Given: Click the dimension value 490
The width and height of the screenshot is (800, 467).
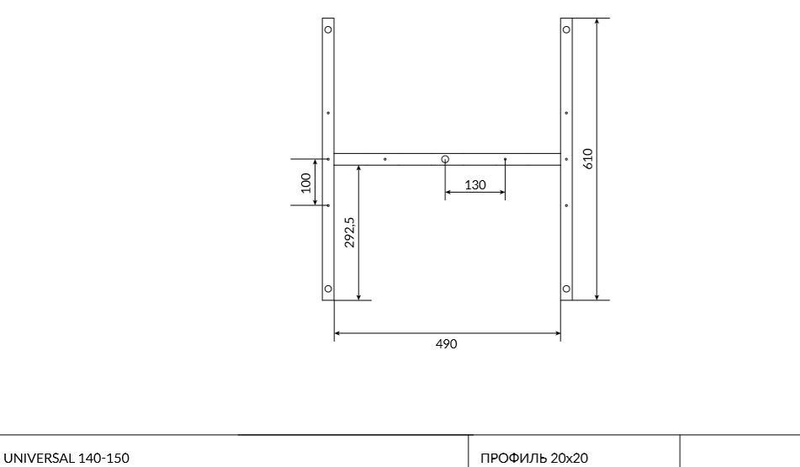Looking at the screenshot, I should [447, 344].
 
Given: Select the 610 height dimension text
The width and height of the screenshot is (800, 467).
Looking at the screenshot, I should [588, 158].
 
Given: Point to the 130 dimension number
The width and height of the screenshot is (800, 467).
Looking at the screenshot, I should [475, 185].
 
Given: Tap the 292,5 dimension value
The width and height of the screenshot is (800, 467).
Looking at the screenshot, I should [350, 232].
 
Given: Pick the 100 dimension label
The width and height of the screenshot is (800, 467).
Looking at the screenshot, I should [305, 183].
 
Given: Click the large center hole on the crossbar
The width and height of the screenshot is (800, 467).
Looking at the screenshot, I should [445, 159].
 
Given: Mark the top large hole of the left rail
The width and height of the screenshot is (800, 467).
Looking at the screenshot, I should [328, 29].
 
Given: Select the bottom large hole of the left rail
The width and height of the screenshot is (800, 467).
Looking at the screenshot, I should [328, 289].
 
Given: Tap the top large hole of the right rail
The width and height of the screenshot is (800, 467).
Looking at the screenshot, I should [566, 29].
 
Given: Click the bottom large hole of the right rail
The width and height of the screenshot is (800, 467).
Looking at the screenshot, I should [566, 289].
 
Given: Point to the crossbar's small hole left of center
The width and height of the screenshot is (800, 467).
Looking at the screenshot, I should [385, 159].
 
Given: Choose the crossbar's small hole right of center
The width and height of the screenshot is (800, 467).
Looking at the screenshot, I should [505, 159].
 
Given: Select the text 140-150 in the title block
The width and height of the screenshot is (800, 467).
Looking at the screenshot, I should [104, 459].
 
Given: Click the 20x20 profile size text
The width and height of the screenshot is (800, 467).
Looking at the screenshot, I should [570, 459].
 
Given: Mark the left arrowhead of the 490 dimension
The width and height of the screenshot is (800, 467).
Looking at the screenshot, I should [337, 334].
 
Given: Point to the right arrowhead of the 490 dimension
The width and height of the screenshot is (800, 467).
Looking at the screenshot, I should [558, 334].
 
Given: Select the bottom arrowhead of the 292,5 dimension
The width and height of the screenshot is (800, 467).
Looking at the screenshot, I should [359, 296].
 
